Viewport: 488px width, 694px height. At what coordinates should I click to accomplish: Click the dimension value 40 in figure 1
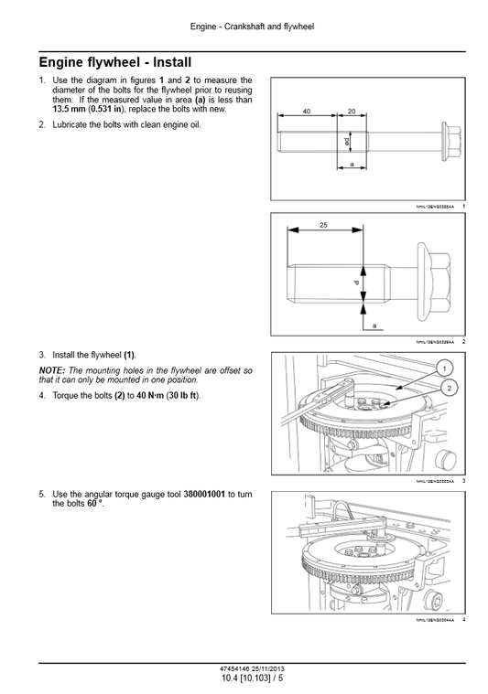[x=307, y=111]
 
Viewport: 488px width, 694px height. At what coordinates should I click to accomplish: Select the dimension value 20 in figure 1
[x=352, y=111]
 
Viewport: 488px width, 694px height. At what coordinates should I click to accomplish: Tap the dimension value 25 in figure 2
[x=324, y=224]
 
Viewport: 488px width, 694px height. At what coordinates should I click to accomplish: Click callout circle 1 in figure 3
[x=443, y=368]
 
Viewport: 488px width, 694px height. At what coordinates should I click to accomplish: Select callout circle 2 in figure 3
[x=450, y=388]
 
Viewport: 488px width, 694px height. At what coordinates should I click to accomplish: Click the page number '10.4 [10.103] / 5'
[x=252, y=677]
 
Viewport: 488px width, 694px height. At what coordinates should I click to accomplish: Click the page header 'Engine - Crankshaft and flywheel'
[x=252, y=27]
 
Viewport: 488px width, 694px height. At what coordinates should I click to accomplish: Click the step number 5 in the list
[x=42, y=494]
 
